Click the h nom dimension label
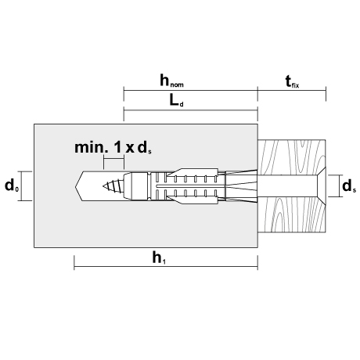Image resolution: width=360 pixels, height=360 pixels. click(x=171, y=81)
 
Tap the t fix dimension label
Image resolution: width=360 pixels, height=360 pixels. click(x=292, y=81)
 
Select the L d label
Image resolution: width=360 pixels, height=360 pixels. click(x=177, y=100)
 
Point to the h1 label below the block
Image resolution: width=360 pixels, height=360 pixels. click(x=159, y=258)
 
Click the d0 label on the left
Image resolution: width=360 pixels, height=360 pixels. click(x=12, y=185)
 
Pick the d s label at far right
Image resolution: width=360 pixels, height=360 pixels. click(x=349, y=186)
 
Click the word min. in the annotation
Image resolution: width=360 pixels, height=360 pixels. click(x=91, y=148)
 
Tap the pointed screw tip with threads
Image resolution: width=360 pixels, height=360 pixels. click(x=113, y=186)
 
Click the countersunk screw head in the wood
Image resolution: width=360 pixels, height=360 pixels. click(x=322, y=185)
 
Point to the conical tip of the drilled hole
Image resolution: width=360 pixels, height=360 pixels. click(x=79, y=186)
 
